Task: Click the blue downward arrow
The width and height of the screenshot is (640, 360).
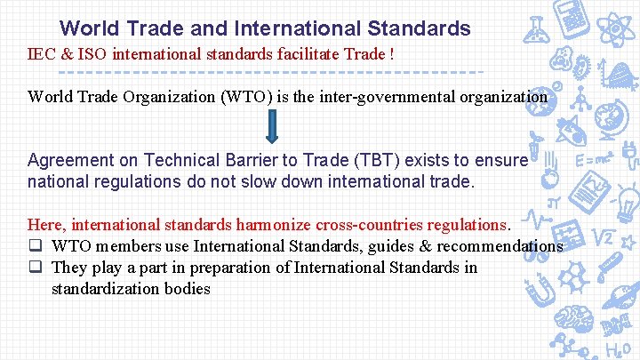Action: pos(273,126)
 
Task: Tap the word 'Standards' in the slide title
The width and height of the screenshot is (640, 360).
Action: pos(423,29)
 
